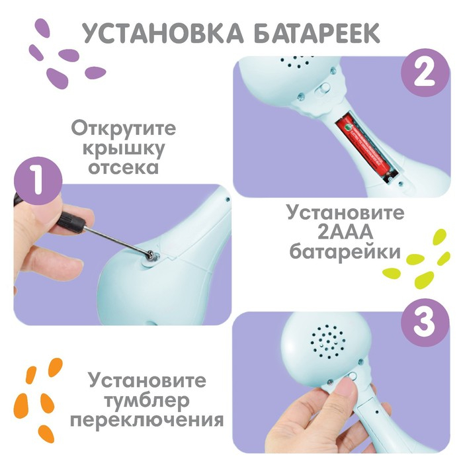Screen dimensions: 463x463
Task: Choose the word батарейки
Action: pos(345,253)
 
